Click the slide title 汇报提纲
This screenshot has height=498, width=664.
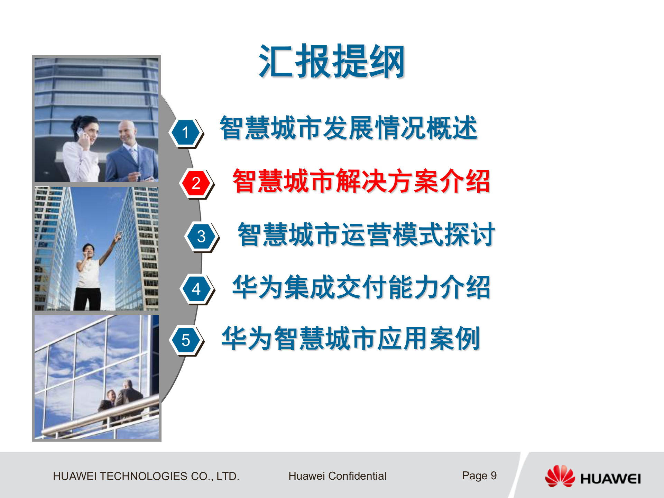[x=332, y=62]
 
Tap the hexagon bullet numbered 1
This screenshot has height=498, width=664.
[x=185, y=132]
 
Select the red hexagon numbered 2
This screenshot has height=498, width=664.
[x=196, y=183]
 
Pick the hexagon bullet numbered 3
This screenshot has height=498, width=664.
[x=201, y=237]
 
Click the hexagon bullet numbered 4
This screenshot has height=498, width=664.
[x=196, y=289]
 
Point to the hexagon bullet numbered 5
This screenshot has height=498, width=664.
[x=186, y=340]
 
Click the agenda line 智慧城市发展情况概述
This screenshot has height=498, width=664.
[x=348, y=128]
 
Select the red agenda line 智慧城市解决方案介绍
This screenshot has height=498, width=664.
[x=361, y=181]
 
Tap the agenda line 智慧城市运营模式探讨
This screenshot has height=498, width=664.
[x=366, y=234]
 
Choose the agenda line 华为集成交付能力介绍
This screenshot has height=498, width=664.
[x=361, y=287]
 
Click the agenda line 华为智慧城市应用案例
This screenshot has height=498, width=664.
[x=351, y=339]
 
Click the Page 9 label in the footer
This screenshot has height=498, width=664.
[x=479, y=476]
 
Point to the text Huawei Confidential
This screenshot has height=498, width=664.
[x=337, y=476]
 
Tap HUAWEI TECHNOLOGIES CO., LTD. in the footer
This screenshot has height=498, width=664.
[x=146, y=476]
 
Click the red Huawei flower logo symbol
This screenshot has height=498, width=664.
[x=560, y=476]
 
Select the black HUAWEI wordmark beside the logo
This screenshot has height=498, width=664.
[x=610, y=479]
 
